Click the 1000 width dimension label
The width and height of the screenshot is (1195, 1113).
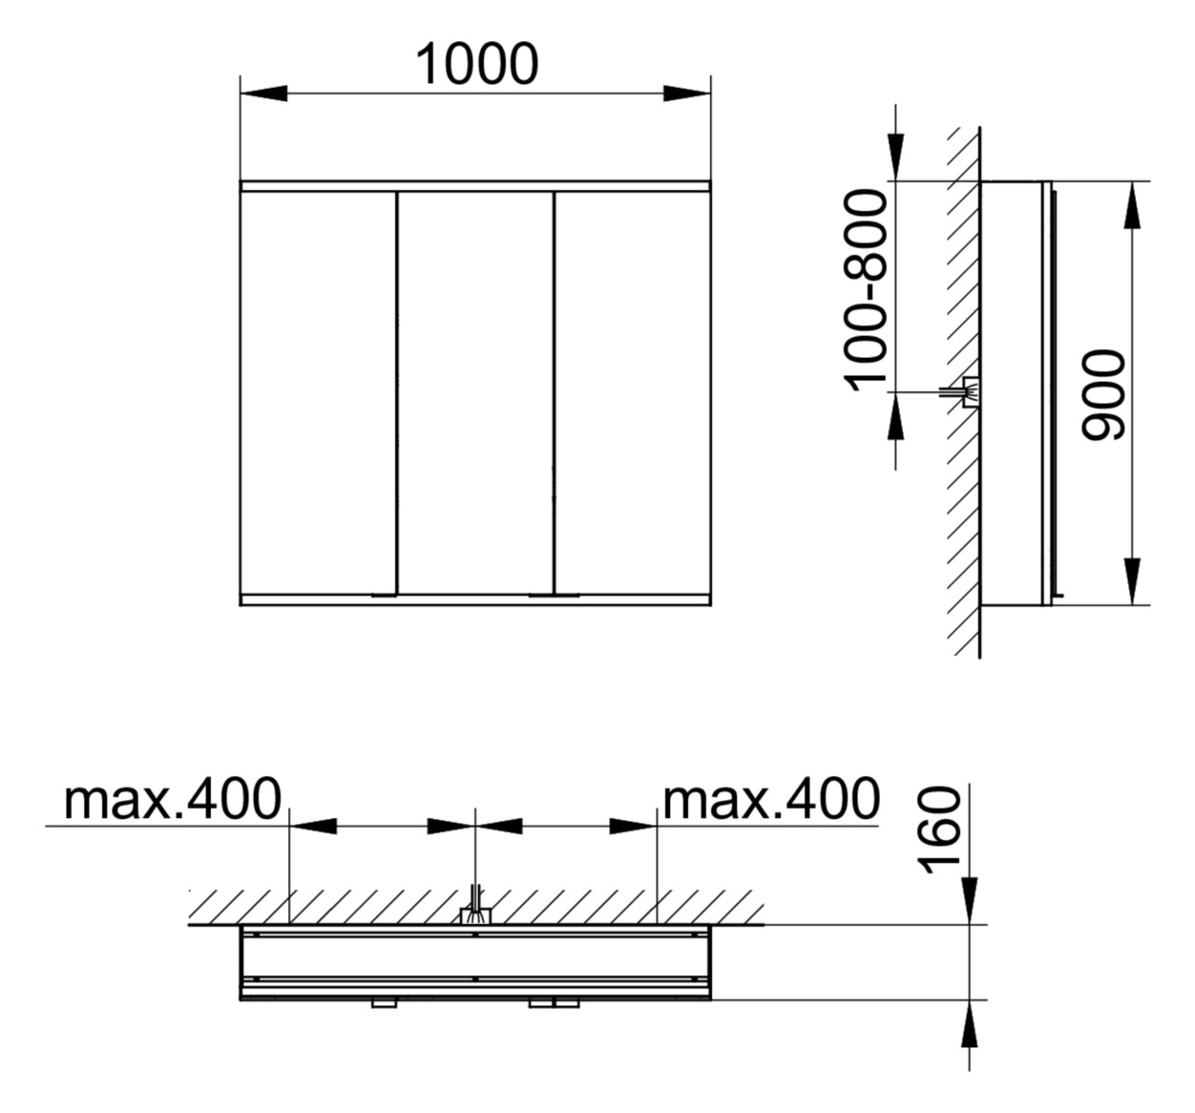click(476, 64)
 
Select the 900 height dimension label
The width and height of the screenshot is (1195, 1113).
click(1103, 395)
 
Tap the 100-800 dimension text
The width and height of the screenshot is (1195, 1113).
click(866, 290)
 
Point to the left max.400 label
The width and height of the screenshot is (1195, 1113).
click(172, 799)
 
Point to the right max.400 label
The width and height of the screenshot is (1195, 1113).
click(771, 799)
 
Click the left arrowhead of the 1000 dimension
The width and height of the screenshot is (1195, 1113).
click(263, 94)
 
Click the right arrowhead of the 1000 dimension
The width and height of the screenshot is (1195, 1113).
click(687, 94)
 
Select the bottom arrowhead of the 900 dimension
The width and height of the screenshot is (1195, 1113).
click(1132, 581)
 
